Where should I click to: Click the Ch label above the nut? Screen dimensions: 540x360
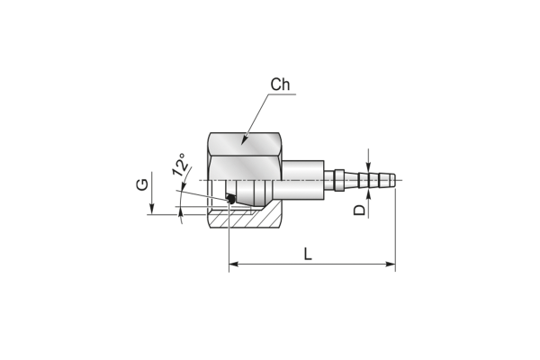click(x=280, y=85)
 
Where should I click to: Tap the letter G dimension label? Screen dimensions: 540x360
click(x=142, y=184)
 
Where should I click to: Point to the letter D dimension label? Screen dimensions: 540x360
click(x=359, y=210)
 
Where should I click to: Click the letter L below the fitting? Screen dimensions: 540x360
click(x=308, y=254)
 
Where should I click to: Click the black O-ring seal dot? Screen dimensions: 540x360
click(x=230, y=199)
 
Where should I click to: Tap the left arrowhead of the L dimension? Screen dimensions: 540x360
click(x=234, y=265)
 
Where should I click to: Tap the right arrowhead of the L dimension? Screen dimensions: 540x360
click(x=391, y=265)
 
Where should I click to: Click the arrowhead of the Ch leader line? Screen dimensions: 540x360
click(x=244, y=140)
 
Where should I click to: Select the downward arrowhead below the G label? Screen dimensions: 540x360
click(x=151, y=210)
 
